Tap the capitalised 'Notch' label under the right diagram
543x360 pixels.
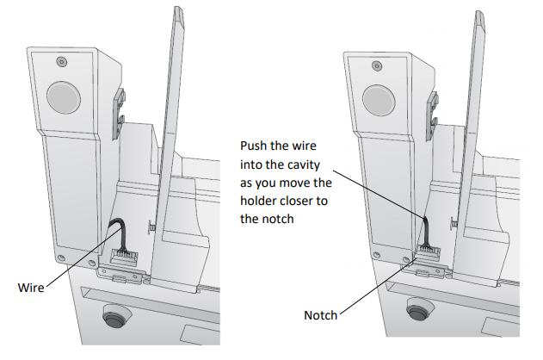[x=320, y=315]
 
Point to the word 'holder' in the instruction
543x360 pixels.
[x=259, y=201]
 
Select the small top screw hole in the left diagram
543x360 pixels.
[x=59, y=61]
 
